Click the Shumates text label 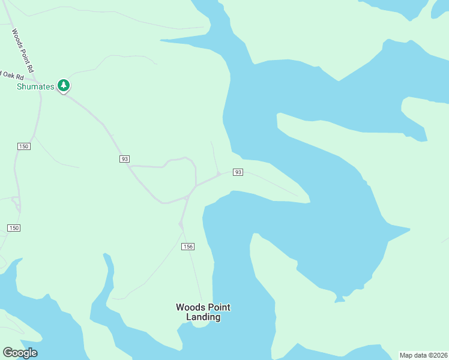(35, 86)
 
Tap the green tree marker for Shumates (64, 86)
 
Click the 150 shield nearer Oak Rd (23, 146)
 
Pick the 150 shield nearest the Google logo (14, 228)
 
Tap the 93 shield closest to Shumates (124, 159)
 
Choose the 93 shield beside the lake (238, 172)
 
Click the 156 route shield (188, 247)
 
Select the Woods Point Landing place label (203, 312)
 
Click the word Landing (203, 317)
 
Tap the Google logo (20, 353)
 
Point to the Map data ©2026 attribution (423, 355)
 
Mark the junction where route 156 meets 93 (188, 196)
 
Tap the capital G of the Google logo (8, 353)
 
